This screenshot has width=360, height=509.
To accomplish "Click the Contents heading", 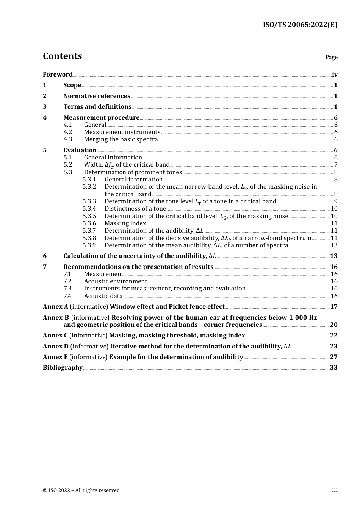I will (x=62, y=56).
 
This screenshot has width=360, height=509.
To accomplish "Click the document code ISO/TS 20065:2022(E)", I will (x=300, y=25).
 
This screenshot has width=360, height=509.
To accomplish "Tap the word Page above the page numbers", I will (x=331, y=57).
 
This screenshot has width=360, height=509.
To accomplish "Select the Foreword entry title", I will (x=58, y=74).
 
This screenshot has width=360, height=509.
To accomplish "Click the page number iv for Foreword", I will (x=335, y=74).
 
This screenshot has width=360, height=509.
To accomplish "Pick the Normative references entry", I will (x=97, y=96).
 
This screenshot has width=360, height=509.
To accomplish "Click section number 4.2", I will (x=67, y=132).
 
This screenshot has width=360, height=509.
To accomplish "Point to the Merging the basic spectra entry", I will (x=121, y=139).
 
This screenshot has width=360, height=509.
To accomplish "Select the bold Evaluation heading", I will (x=80, y=150).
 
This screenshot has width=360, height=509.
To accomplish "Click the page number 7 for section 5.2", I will (x=335, y=164).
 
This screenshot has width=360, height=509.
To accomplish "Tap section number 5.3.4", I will (x=89, y=208).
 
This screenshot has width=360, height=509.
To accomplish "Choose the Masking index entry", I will (x=125, y=223).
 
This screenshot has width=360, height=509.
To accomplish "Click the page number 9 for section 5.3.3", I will (x=335, y=201).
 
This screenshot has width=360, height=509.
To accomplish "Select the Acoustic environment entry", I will (x=115, y=281).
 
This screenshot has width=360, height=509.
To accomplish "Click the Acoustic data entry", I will (x=103, y=296).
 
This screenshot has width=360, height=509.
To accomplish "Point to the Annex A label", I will (x=55, y=306).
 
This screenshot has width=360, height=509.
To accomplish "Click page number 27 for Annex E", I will (x=333, y=357).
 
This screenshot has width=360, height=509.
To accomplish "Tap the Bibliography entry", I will (x=63, y=367).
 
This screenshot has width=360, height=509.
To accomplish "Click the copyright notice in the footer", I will (x=81, y=490).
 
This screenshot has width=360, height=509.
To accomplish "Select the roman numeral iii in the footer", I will (x=335, y=490).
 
